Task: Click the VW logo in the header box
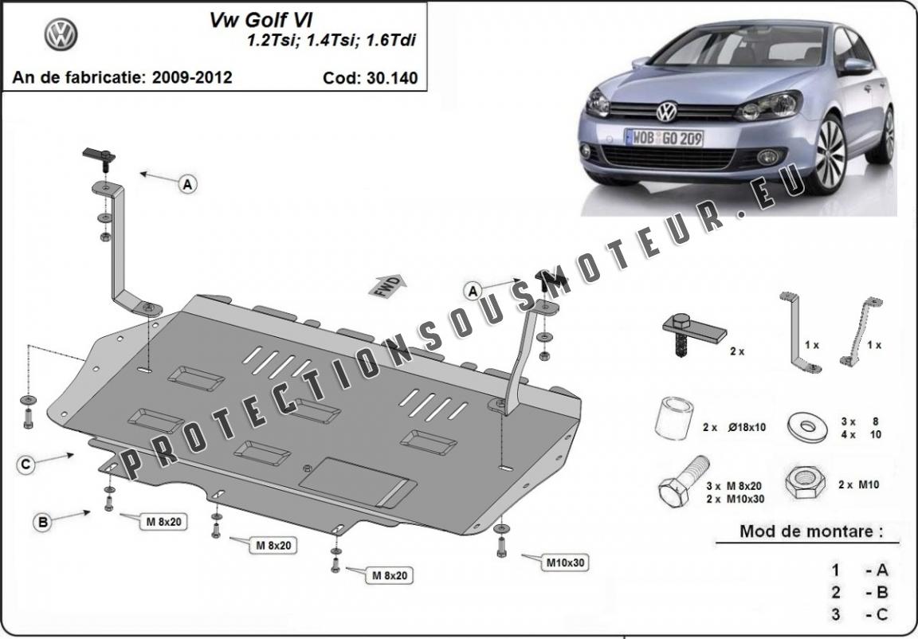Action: [x=61, y=33]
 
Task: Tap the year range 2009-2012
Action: [x=192, y=77]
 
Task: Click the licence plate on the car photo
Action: [x=663, y=138]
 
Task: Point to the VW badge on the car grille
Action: [x=666, y=112]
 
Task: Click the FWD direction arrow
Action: [x=387, y=285]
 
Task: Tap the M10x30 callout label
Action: [x=566, y=563]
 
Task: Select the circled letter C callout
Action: [x=25, y=465]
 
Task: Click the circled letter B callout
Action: [x=43, y=521]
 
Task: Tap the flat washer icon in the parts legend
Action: [x=807, y=426]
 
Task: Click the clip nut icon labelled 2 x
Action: [x=692, y=335]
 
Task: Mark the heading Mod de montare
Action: [x=811, y=531]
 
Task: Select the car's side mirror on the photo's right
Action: [x=857, y=66]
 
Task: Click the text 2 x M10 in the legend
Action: [x=859, y=485]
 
